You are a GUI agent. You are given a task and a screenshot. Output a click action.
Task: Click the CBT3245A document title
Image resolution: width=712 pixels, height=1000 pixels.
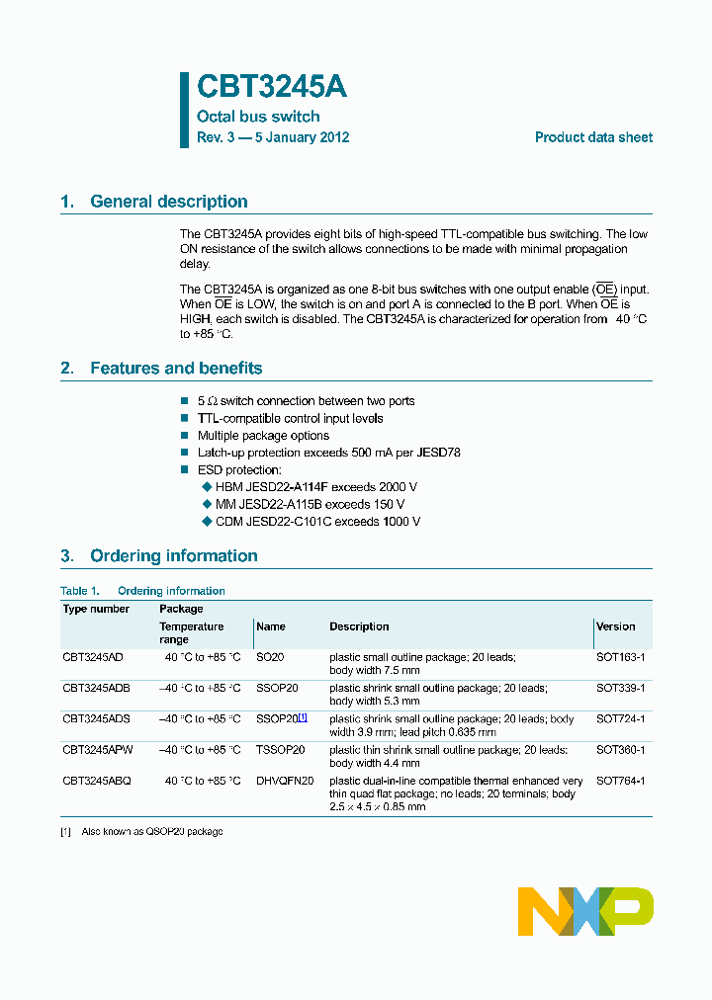[272, 88]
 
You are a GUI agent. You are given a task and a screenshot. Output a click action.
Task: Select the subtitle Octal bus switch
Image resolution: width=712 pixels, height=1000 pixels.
[258, 117]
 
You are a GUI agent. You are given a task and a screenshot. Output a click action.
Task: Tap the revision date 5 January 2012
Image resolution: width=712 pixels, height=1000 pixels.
[302, 138]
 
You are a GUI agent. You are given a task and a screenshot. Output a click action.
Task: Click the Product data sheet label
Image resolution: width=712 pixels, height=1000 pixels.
[593, 138]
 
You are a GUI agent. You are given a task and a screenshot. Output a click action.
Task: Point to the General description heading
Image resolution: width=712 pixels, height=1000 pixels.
[168, 202]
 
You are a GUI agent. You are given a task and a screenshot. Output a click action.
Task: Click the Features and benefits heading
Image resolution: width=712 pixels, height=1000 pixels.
[176, 369]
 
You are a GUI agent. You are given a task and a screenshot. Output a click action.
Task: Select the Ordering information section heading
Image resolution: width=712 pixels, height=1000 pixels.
[173, 556]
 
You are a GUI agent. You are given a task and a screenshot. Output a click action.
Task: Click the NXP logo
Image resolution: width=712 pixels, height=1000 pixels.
[585, 910]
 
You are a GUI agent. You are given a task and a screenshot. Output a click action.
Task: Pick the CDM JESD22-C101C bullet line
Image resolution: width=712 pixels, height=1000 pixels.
[317, 521]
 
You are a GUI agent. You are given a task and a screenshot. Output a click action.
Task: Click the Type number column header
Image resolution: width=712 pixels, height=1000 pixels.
[96, 609]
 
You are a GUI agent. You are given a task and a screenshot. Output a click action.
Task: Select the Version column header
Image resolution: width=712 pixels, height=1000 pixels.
[616, 626]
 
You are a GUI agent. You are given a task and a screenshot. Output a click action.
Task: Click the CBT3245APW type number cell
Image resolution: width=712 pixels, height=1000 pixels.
[97, 750]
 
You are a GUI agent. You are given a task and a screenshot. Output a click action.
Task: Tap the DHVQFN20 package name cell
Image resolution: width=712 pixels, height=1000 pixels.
[285, 781]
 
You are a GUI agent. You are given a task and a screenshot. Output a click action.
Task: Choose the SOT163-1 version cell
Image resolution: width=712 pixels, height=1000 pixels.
[620, 657]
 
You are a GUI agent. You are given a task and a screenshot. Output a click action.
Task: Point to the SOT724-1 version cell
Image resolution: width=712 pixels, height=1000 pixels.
[620, 719]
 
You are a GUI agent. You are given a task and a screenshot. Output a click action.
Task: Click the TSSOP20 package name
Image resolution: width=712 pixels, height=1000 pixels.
[280, 750]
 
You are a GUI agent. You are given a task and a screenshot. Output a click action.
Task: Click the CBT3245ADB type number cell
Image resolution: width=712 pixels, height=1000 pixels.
[96, 688]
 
